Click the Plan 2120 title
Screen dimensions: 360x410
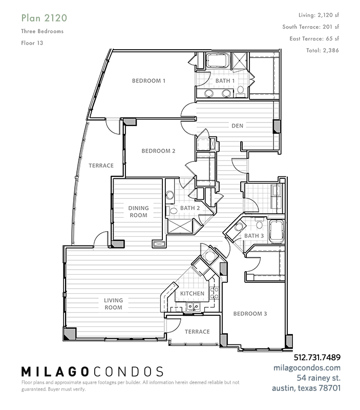(44, 18)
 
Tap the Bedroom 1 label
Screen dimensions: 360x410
(149, 81)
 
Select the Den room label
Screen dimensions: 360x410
(237, 126)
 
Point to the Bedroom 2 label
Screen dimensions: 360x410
(158, 151)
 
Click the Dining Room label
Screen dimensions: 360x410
(138, 212)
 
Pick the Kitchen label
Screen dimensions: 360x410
(192, 293)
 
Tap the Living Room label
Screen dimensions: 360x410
(113, 304)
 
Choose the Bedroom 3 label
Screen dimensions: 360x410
(250, 314)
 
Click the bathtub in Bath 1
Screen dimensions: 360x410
(218, 60)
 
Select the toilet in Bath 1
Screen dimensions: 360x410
(240, 91)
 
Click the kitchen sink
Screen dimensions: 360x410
(193, 306)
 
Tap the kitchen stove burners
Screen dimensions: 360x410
(214, 293)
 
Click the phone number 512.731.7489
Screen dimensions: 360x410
(317, 357)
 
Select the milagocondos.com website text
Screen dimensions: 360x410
(307, 367)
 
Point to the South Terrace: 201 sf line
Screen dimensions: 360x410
(311, 27)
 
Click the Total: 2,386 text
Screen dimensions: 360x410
(323, 50)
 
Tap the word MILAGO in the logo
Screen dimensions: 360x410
(55, 372)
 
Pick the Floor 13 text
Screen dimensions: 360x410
(32, 43)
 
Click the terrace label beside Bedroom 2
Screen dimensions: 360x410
(101, 166)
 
